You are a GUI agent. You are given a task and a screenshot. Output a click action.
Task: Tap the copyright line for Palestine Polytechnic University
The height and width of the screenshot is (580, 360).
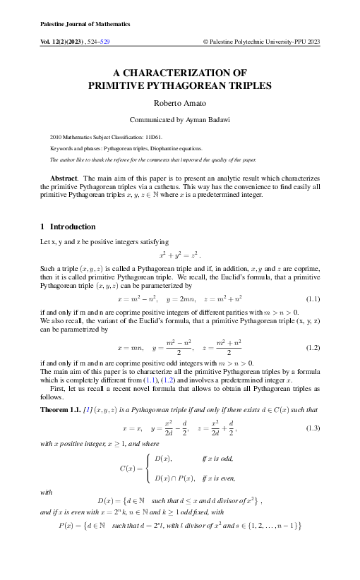(x=261, y=42)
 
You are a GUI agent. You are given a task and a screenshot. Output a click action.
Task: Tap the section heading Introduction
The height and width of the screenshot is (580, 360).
(x=72, y=226)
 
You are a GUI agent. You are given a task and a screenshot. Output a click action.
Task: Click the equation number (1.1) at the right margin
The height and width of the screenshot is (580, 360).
(x=310, y=299)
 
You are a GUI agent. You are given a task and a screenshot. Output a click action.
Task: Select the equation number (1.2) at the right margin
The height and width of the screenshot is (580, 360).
(x=310, y=349)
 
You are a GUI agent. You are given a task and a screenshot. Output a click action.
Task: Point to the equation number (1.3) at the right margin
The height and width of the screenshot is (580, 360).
(x=310, y=428)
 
